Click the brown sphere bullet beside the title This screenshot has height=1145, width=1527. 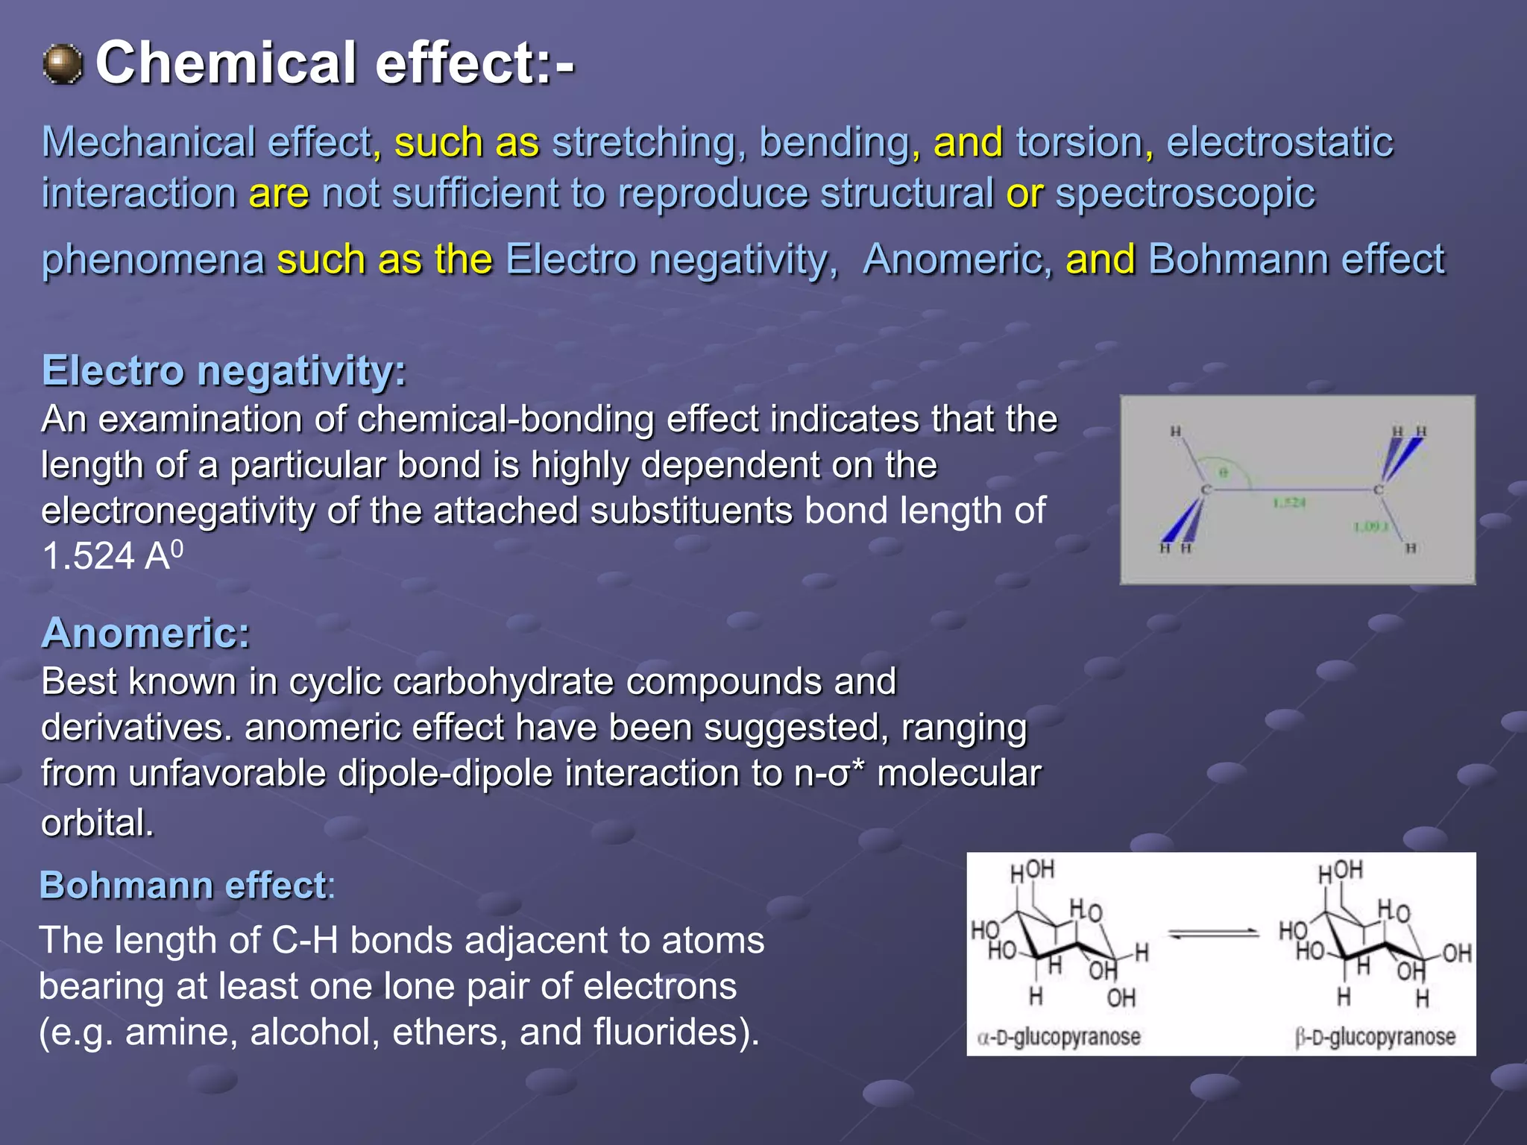click(63, 64)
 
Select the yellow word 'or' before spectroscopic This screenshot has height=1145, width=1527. click(1024, 194)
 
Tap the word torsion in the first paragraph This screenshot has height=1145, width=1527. click(1079, 142)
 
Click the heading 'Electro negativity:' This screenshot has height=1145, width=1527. click(224, 370)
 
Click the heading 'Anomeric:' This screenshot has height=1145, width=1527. click(145, 633)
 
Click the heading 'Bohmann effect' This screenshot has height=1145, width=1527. click(183, 886)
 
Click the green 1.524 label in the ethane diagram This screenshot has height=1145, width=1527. click(1289, 503)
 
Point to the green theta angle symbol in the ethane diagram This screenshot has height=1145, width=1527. click(1223, 473)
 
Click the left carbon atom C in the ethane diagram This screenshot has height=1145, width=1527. click(1205, 490)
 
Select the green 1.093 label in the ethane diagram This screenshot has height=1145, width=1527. click(1370, 527)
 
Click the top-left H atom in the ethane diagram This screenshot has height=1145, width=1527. click(1176, 431)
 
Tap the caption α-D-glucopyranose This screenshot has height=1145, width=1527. click(1059, 1037)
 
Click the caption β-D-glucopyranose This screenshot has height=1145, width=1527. click(1375, 1037)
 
